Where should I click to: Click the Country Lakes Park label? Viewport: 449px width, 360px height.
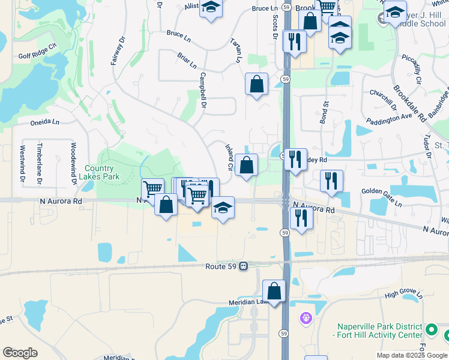coord(102,172)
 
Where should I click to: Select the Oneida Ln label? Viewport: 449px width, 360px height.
coord(45,122)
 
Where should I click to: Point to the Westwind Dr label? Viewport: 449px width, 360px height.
coord(22,163)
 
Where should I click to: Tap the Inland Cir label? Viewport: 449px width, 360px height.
coord(229,157)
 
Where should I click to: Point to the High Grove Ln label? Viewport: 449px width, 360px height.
coord(404,294)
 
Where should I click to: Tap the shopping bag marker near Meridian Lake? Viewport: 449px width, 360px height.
coord(274,292)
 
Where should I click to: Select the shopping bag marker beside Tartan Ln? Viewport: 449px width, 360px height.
coord(256,84)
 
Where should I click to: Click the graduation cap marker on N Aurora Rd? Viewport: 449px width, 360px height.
coord(223,208)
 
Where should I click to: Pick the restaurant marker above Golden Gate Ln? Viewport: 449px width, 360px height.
coord(331,181)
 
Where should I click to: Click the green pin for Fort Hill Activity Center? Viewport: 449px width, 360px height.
coord(431,330)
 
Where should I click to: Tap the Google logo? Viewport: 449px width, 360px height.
coord(20,353)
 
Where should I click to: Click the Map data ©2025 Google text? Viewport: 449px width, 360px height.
coord(411,355)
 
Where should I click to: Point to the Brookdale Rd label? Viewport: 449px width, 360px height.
coord(409,100)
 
